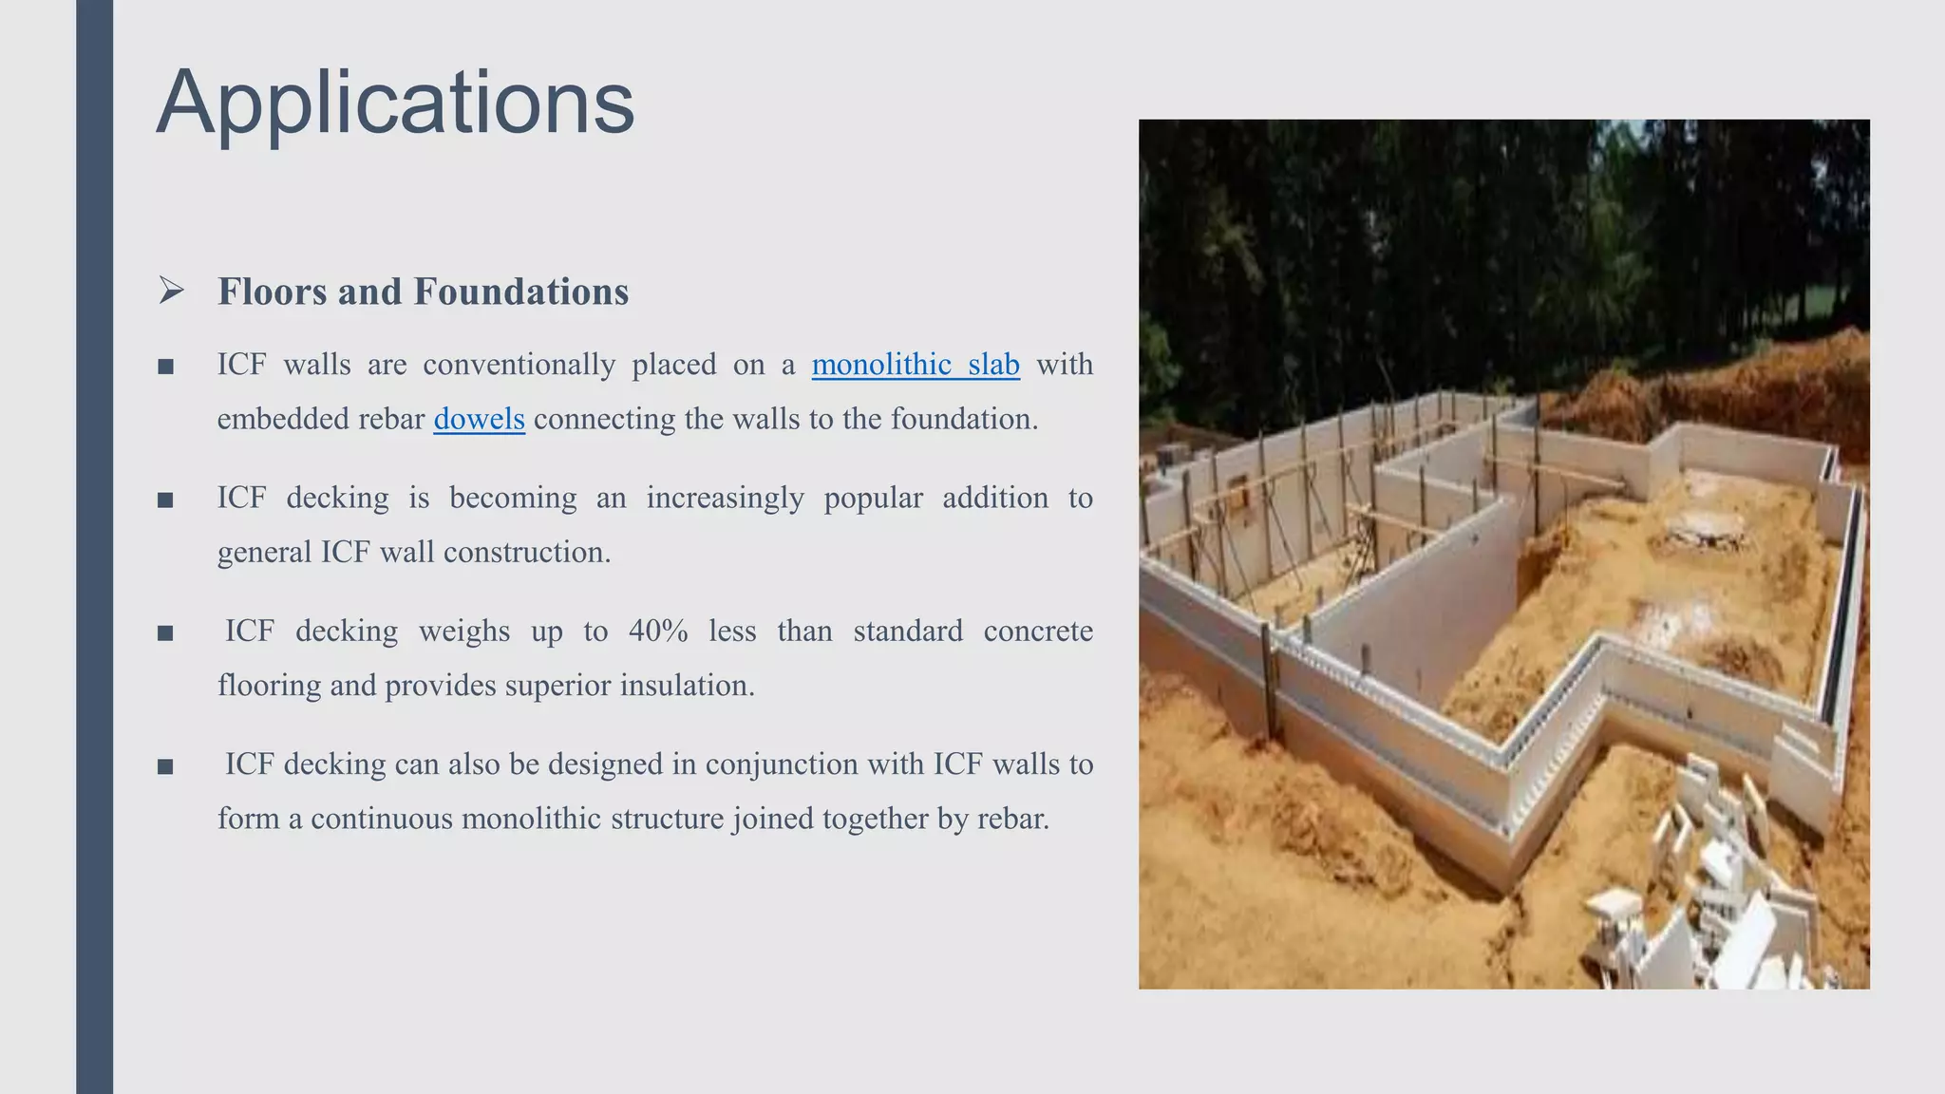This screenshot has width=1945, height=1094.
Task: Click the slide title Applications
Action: [395, 103]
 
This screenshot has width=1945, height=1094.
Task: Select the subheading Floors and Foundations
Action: [423, 292]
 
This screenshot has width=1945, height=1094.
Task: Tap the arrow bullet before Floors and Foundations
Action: [171, 290]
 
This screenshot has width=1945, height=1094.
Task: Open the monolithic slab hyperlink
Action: [916, 365]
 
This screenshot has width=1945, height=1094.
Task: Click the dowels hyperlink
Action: [479, 419]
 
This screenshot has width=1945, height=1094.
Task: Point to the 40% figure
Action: [658, 632]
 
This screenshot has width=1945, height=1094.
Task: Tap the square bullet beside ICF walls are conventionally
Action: [165, 367]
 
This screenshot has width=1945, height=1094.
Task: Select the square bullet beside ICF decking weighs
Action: [165, 633]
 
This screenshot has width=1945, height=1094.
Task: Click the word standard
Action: [908, 632]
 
